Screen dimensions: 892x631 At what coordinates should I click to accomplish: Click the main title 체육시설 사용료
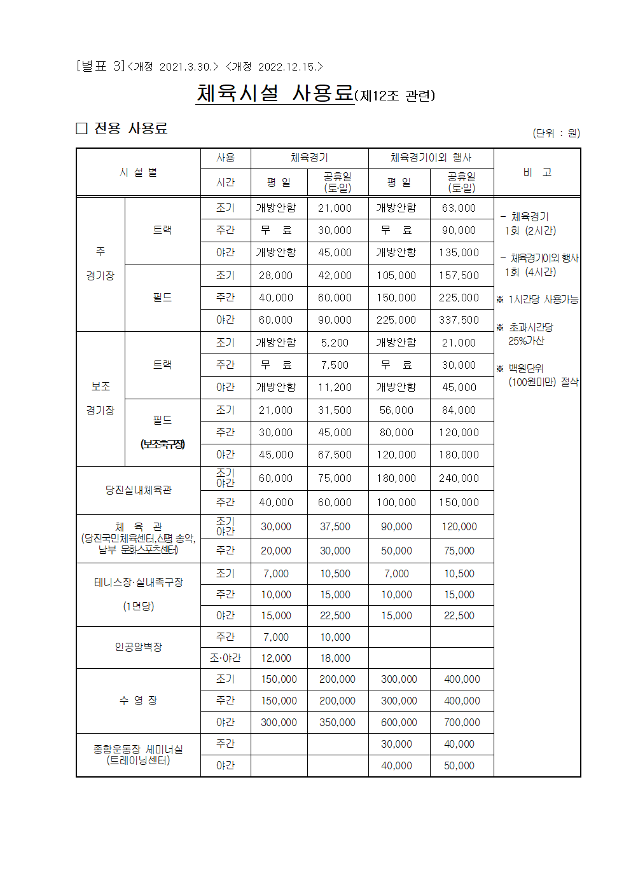(275, 93)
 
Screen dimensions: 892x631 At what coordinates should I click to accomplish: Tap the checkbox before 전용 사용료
(81, 128)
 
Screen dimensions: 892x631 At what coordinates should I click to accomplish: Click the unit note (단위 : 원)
(556, 133)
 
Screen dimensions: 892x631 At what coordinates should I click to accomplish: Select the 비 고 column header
(537, 172)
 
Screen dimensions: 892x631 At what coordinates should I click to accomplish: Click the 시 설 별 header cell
(138, 172)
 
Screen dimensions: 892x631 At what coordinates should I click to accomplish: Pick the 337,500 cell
(459, 320)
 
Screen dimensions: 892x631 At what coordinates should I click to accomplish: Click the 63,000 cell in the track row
(459, 208)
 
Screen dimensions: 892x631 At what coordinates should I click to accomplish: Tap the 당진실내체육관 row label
(138, 490)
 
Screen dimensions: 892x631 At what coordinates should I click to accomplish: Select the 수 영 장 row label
(138, 700)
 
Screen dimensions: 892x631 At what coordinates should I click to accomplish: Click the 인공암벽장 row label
(138, 647)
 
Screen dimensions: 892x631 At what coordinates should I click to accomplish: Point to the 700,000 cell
(462, 722)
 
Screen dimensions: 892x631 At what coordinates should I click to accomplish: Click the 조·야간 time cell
(225, 658)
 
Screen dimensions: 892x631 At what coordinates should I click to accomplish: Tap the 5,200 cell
(335, 343)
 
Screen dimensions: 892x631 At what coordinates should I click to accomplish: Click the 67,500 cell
(335, 455)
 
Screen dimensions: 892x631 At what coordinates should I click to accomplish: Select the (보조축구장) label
(162, 444)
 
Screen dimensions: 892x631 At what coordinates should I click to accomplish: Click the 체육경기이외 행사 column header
(431, 158)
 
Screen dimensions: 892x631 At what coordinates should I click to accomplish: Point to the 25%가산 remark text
(526, 341)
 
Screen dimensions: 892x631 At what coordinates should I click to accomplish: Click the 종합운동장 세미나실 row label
(138, 755)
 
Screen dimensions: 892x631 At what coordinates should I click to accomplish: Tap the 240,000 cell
(459, 478)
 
